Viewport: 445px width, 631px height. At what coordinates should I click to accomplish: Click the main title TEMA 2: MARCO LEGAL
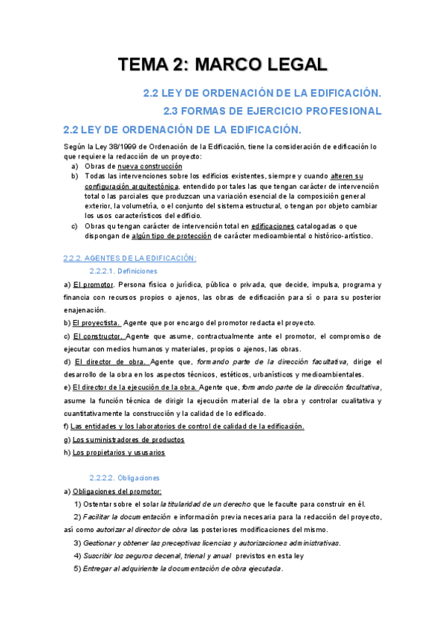click(222, 65)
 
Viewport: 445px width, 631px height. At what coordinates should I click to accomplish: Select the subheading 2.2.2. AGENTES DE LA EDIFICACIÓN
click(130, 258)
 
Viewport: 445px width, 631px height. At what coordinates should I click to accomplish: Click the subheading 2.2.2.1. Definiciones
click(123, 272)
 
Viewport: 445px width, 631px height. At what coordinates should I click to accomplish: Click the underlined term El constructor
click(99, 336)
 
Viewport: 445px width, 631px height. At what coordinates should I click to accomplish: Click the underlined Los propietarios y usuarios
click(118, 452)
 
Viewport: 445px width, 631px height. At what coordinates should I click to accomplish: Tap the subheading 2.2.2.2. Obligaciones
click(123, 478)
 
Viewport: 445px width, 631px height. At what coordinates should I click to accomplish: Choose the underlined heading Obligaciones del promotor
click(116, 491)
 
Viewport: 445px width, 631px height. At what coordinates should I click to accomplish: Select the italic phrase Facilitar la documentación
click(127, 516)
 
